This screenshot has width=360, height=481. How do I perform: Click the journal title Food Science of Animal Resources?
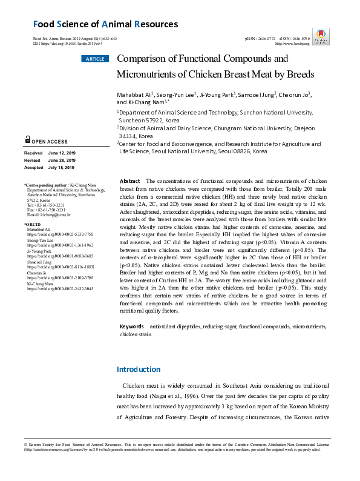105,24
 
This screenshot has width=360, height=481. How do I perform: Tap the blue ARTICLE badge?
94,59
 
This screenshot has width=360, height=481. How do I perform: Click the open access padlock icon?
28,139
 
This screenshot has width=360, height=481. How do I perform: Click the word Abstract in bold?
130,181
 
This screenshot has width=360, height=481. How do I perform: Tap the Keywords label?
132,327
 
